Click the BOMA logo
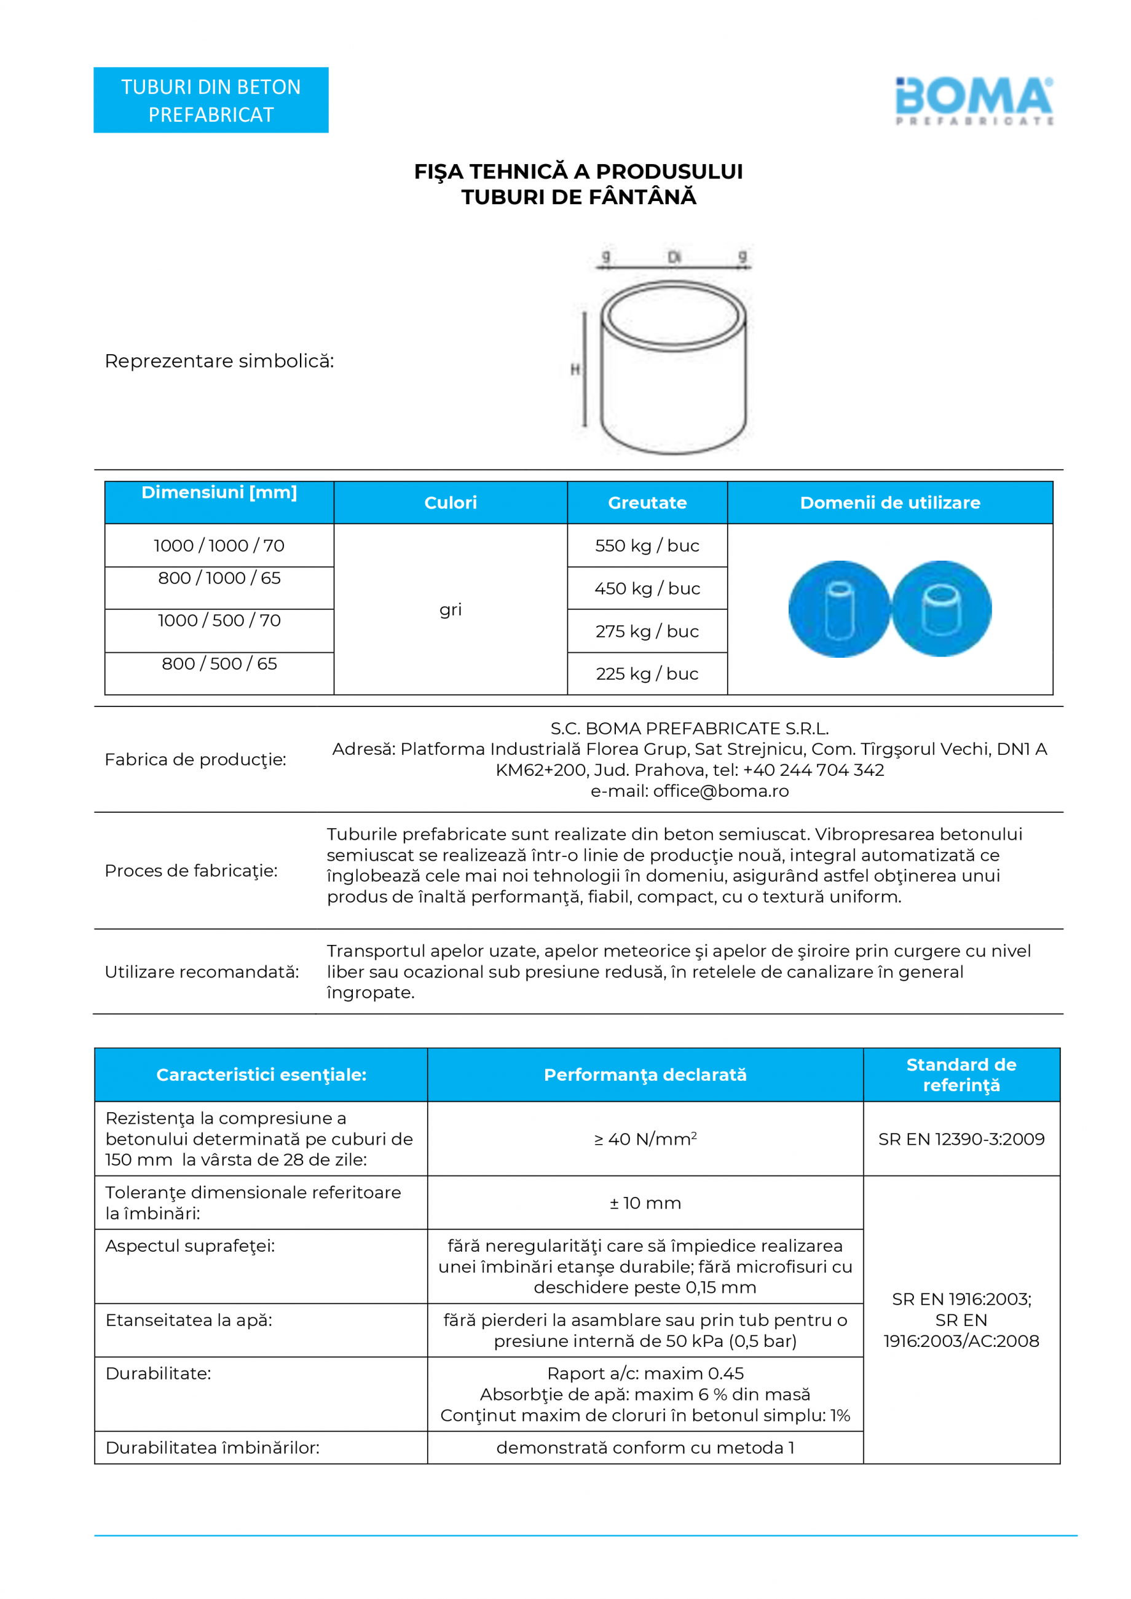(974, 99)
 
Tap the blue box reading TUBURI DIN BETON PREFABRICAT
(211, 100)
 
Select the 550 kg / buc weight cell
(647, 545)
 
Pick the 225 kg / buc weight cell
(647, 673)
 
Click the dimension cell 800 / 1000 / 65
(219, 578)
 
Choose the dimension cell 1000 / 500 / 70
(219, 620)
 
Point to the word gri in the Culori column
(451, 609)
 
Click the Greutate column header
(647, 503)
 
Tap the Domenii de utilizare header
(890, 503)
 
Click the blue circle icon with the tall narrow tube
(839, 609)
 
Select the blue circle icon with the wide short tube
(942, 609)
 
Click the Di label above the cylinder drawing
(674, 258)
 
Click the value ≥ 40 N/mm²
(645, 1139)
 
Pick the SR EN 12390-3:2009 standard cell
(961, 1139)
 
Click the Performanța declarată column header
(645, 1075)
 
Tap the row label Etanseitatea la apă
(189, 1321)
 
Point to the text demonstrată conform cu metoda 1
(645, 1448)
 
